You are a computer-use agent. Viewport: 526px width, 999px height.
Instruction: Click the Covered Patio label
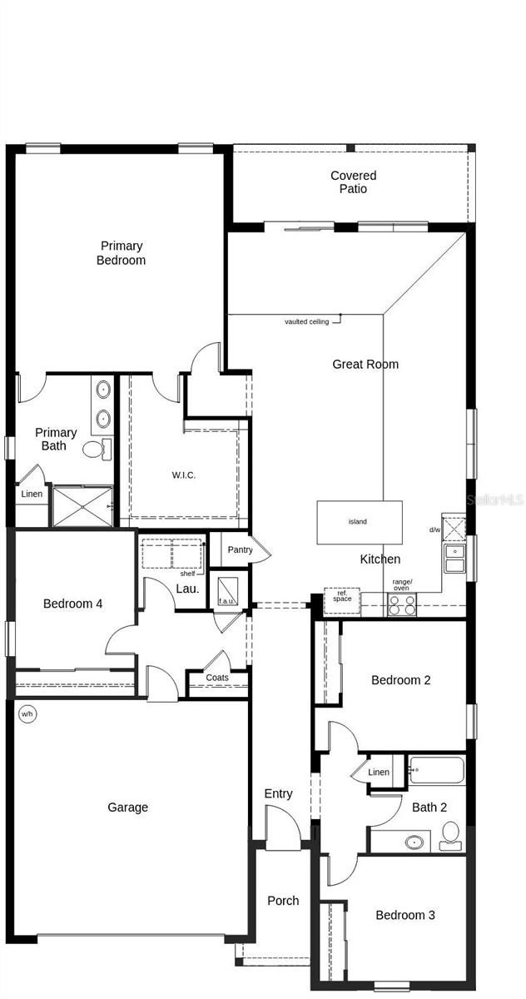pyautogui.click(x=353, y=182)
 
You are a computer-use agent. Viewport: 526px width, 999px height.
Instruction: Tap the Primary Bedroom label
pyautogui.click(x=122, y=253)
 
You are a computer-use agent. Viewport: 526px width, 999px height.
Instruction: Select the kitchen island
pyautogui.click(x=359, y=522)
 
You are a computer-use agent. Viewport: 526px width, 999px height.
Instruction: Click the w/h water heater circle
pyautogui.click(x=27, y=713)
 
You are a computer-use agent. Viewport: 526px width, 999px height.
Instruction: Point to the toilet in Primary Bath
pyautogui.click(x=96, y=450)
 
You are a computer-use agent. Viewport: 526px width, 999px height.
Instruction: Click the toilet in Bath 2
pyautogui.click(x=450, y=834)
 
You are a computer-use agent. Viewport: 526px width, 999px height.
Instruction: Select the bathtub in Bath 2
pyautogui.click(x=435, y=770)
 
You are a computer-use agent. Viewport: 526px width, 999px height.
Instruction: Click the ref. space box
pyautogui.click(x=341, y=599)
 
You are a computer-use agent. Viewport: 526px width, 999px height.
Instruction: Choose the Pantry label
pyautogui.click(x=240, y=549)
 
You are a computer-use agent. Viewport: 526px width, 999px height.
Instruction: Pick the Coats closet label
pyautogui.click(x=217, y=678)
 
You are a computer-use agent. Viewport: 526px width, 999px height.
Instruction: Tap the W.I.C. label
pyautogui.click(x=184, y=475)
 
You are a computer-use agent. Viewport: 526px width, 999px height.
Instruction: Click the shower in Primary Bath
pyautogui.click(x=82, y=506)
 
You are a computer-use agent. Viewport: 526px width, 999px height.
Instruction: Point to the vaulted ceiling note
pyautogui.click(x=307, y=321)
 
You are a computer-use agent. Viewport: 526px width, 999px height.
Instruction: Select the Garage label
pyautogui.click(x=128, y=807)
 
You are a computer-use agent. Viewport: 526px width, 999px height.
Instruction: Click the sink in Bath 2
pyautogui.click(x=413, y=842)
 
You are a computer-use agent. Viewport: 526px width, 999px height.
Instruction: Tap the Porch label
pyautogui.click(x=283, y=901)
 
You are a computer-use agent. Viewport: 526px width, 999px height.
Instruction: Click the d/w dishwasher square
pyautogui.click(x=454, y=528)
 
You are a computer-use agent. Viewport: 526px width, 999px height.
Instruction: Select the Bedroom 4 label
pyautogui.click(x=72, y=604)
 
